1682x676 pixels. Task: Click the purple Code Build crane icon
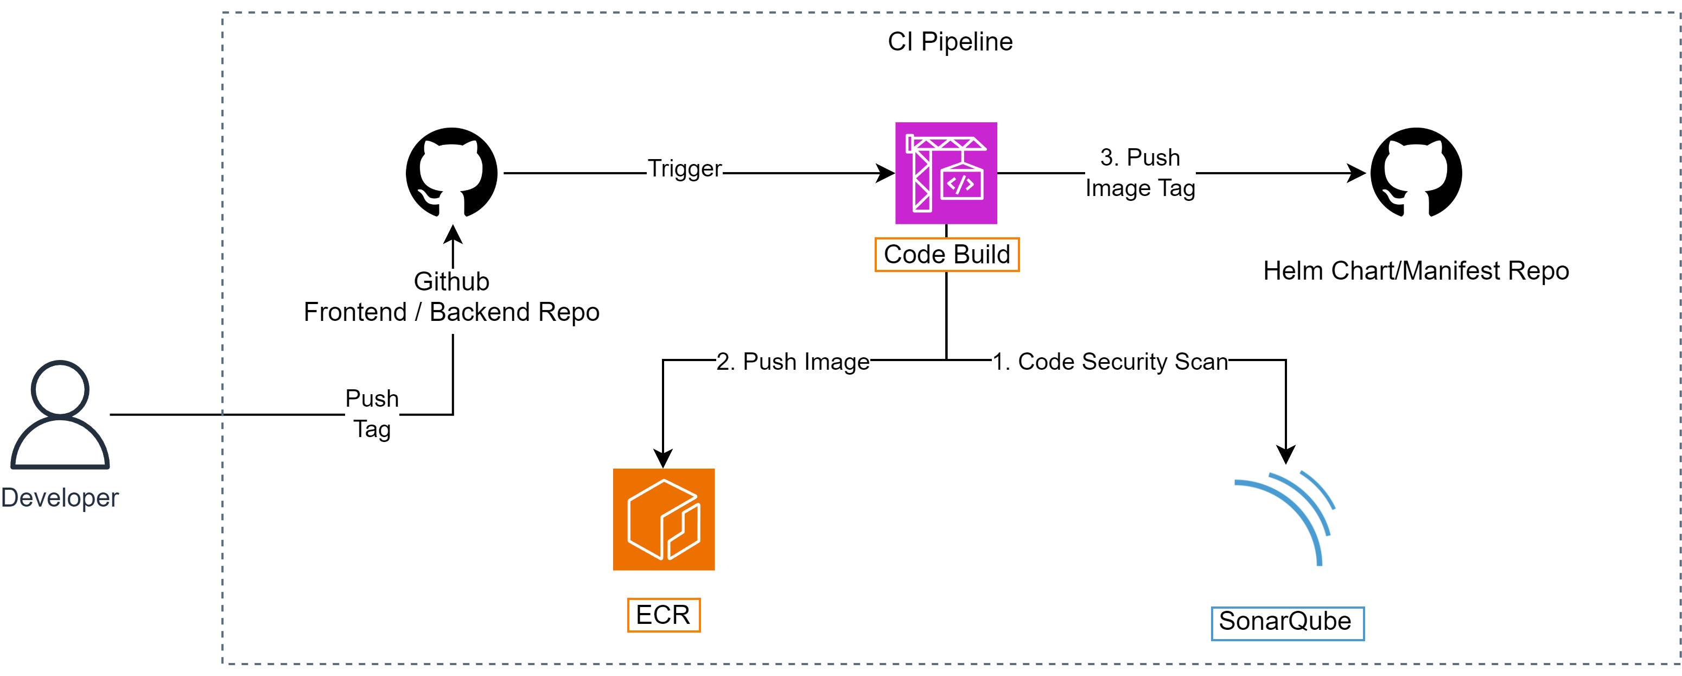[x=946, y=173]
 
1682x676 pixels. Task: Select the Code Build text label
[x=946, y=255]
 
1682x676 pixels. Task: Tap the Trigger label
[x=684, y=168]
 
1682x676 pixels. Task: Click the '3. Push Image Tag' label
[x=1140, y=173]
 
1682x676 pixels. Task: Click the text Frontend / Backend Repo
[x=451, y=313]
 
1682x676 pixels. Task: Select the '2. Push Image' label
[x=793, y=362]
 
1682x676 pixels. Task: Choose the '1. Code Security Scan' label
[x=1110, y=362]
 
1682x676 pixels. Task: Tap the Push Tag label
[x=372, y=414]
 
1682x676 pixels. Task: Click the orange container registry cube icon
[x=664, y=519]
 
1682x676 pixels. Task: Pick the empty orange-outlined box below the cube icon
[x=664, y=615]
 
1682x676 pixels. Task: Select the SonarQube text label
[x=1285, y=622]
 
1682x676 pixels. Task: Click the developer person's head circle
[x=60, y=389]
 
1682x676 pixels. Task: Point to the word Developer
[x=60, y=498]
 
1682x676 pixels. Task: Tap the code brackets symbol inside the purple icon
[x=960, y=185]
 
